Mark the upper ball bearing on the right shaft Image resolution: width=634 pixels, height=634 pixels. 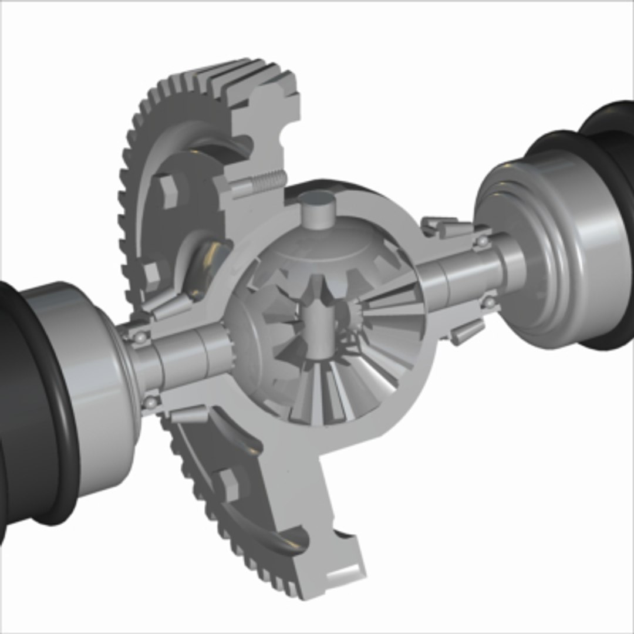click(x=482, y=241)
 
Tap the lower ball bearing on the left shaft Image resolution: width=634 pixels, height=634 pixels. click(x=152, y=402)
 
